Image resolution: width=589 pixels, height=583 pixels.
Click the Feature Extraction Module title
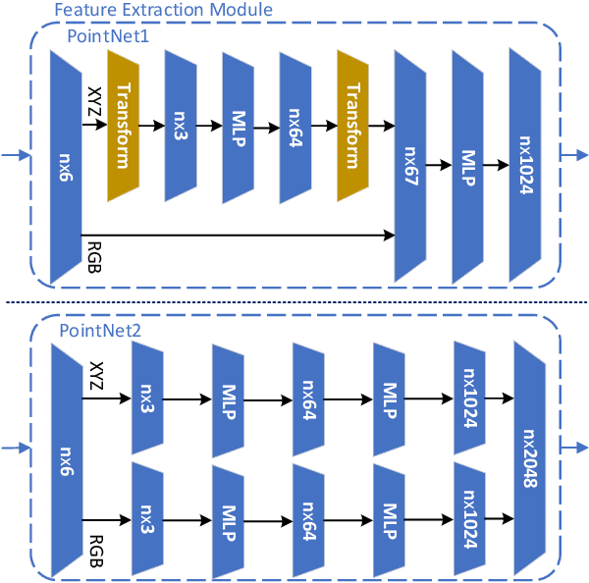click(x=163, y=11)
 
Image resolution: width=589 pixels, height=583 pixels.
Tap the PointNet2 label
click(x=100, y=331)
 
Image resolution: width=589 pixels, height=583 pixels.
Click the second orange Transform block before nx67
click(x=353, y=126)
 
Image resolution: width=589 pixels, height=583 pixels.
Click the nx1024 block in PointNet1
click(x=525, y=164)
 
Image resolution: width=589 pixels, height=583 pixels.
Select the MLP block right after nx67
click(x=469, y=164)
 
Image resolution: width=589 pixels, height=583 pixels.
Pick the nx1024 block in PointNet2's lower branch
click(x=469, y=515)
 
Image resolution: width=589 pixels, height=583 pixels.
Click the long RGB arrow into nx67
click(x=236, y=236)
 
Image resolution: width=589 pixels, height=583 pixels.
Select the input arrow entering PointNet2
click(x=14, y=449)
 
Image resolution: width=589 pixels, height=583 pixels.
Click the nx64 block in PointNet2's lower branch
click(x=308, y=515)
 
